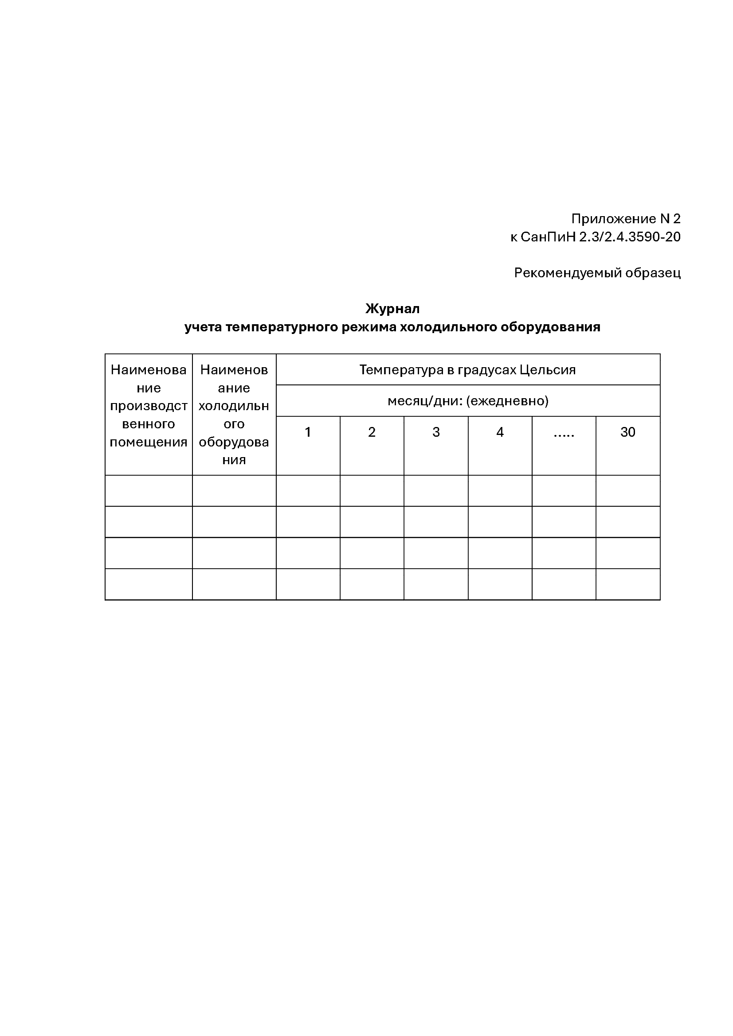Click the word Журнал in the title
pyautogui.click(x=392, y=309)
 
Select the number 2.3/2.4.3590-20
pyautogui.click(x=630, y=237)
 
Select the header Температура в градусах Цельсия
pyautogui.click(x=467, y=370)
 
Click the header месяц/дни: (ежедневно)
pyautogui.click(x=468, y=401)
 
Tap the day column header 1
pyautogui.click(x=308, y=432)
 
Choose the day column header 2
pyautogui.click(x=372, y=432)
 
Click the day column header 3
pyautogui.click(x=436, y=432)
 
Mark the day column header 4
pyautogui.click(x=500, y=432)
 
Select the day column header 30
pyautogui.click(x=628, y=432)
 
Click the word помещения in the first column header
pyautogui.click(x=149, y=442)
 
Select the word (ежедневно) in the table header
pyautogui.click(x=507, y=401)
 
